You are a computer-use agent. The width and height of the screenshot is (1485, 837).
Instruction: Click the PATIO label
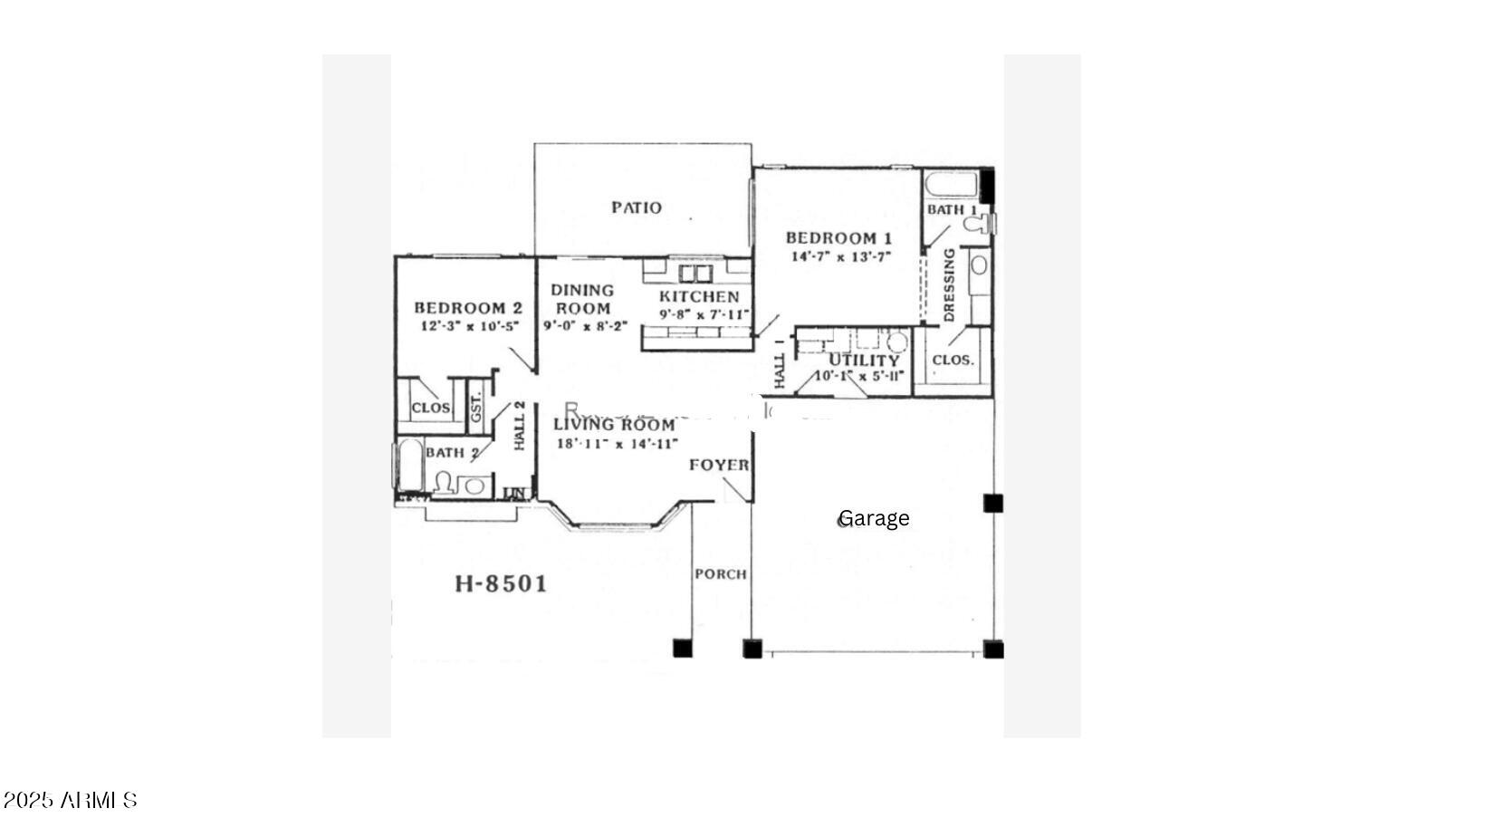coord(636,207)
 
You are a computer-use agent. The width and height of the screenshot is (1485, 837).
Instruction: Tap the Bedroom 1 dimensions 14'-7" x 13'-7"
coord(841,257)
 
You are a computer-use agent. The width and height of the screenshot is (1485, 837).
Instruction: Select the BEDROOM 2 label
coord(467,308)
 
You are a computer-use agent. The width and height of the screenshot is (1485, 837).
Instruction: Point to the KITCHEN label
coord(698,296)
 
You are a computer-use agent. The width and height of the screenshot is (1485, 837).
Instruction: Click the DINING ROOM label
coord(582,299)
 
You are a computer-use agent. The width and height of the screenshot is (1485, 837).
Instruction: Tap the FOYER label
coord(719,465)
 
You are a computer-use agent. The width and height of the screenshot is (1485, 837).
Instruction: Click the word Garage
coord(874,518)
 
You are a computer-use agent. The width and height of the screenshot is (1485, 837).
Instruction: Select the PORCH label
coord(721,574)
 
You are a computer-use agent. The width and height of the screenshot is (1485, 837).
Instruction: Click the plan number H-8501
coord(501,583)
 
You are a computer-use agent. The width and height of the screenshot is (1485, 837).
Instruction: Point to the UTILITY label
coord(864,360)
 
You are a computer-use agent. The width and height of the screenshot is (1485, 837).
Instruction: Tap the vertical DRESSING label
coord(949,285)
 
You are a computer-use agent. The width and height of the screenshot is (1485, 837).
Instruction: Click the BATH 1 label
coord(951,209)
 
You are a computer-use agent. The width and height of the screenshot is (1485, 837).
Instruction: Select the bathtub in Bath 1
coord(951,184)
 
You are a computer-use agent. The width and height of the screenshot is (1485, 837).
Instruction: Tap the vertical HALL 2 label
coord(520,426)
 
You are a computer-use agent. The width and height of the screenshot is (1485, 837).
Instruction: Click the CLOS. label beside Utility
coord(953,360)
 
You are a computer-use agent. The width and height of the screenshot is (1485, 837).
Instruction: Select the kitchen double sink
coord(695,273)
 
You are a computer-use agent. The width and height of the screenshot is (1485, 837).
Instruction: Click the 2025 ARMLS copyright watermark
coord(70,800)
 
